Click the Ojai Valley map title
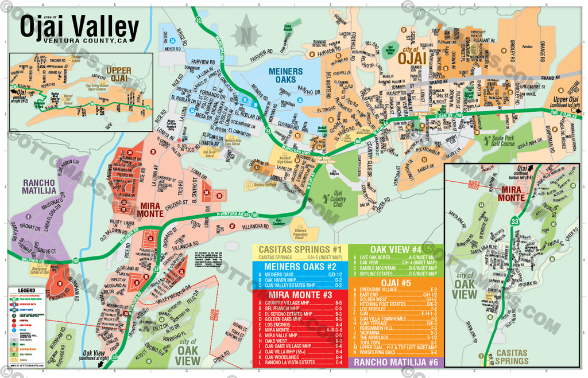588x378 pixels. pos(79,26)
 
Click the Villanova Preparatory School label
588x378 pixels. pos(304,228)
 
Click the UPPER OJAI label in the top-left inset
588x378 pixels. pos(118,74)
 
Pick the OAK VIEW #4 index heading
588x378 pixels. pos(396,250)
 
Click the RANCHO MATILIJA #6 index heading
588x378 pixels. pos(396,362)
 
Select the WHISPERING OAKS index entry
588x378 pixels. pos(381,352)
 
